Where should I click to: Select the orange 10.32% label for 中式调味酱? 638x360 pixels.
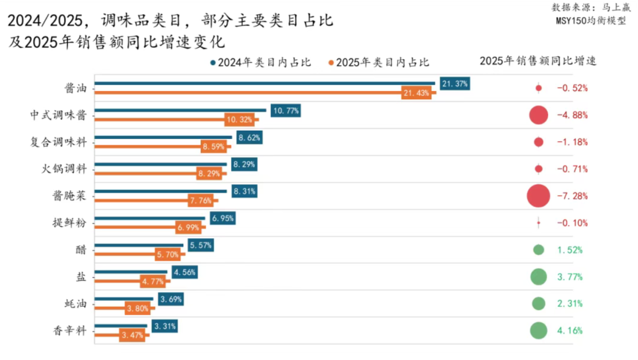(240, 120)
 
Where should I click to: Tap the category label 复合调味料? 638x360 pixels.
(58, 142)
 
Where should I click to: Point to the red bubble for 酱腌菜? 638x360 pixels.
(538, 196)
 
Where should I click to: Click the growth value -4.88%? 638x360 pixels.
(572, 115)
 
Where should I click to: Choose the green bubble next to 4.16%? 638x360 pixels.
(538, 330)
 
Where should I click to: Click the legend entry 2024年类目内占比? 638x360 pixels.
(260, 63)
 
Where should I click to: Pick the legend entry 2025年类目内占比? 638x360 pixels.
(379, 63)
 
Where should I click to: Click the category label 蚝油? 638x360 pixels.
(75, 304)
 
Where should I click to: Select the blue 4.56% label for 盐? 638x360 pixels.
(184, 273)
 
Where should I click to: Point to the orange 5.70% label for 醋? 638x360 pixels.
(168, 255)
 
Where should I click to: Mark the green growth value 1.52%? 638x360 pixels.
(569, 250)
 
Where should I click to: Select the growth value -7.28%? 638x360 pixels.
(572, 196)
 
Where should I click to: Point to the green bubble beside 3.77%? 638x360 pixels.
(538, 277)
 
